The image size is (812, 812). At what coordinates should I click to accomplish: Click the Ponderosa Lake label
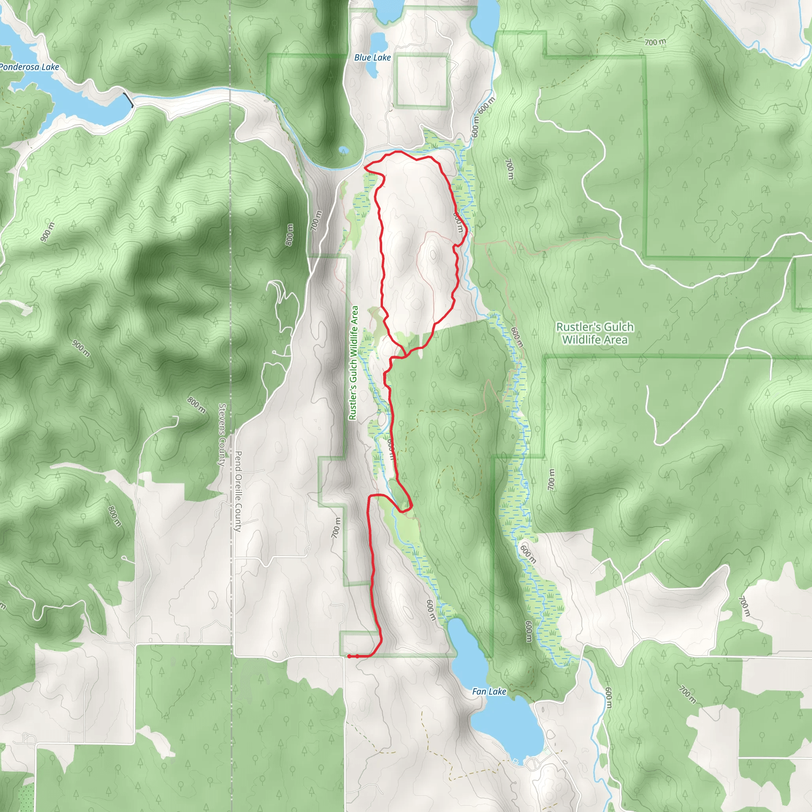29,67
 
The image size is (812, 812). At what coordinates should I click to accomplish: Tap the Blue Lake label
372,57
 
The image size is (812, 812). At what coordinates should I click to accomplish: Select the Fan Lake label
489,691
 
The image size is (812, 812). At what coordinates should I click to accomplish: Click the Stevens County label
222,435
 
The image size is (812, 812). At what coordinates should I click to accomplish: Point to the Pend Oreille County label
238,491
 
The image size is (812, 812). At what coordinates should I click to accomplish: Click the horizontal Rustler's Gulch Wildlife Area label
595,333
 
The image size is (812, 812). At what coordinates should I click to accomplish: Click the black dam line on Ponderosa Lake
129,100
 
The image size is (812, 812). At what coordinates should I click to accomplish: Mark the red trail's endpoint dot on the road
349,656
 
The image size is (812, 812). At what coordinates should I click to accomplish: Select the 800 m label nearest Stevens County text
196,405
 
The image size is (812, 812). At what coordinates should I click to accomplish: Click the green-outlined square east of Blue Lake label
421,81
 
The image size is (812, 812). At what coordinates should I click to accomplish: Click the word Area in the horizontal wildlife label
617,340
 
